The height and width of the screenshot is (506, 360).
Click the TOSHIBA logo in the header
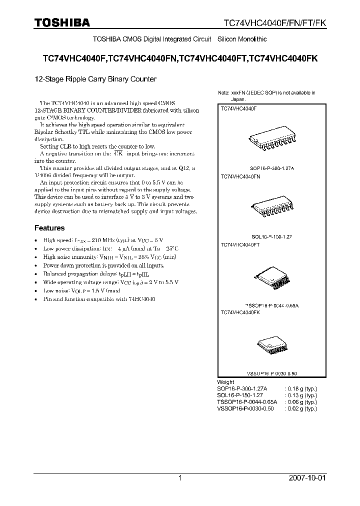click(x=62, y=22)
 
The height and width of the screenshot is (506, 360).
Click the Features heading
click(x=49, y=228)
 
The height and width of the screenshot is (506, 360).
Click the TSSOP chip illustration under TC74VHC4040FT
click(x=271, y=275)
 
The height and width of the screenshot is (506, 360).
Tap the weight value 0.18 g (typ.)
click(x=300, y=388)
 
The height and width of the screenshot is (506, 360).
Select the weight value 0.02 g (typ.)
click(x=300, y=408)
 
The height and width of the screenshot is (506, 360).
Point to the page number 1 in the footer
click(x=180, y=478)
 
